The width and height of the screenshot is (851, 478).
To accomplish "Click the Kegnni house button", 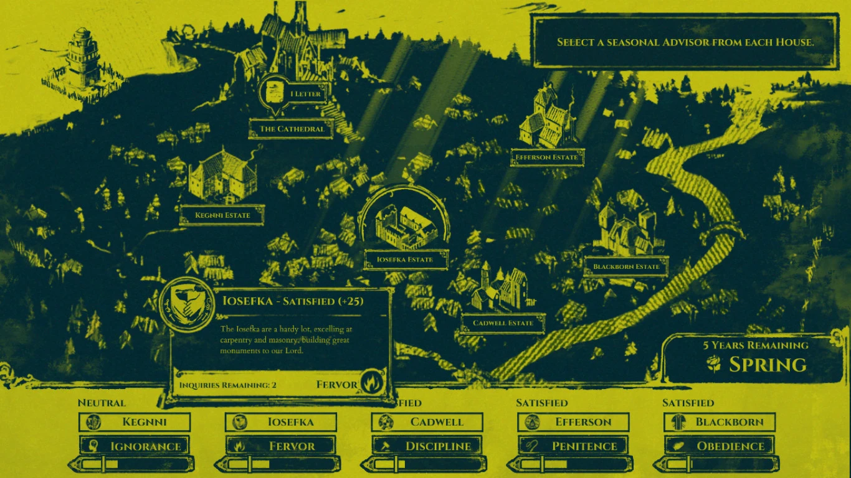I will tap(135, 422).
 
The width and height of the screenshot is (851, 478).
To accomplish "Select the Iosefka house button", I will tap(281, 422).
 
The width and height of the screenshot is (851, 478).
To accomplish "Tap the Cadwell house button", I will tap(427, 422).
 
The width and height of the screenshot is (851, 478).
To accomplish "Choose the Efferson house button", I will tap(574, 422).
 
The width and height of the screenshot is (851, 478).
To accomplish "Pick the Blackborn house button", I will tap(720, 422).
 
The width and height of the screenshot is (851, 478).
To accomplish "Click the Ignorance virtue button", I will tap(135, 446).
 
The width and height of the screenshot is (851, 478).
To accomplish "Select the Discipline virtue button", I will tap(427, 446).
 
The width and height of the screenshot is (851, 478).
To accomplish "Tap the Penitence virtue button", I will tap(574, 446).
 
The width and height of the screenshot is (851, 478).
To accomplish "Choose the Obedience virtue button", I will tap(720, 446).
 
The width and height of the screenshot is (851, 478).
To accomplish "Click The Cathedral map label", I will tap(292, 129).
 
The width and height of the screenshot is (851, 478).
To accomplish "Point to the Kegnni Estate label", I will tap(222, 215).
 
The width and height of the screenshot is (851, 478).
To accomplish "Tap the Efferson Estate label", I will tap(547, 157).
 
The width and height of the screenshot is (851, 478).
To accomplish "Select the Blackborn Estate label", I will tap(626, 267).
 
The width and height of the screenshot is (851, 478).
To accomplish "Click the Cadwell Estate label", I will tap(503, 323).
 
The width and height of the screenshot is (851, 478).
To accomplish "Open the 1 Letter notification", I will tap(293, 94).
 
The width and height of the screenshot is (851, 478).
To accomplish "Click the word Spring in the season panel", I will tap(768, 365).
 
